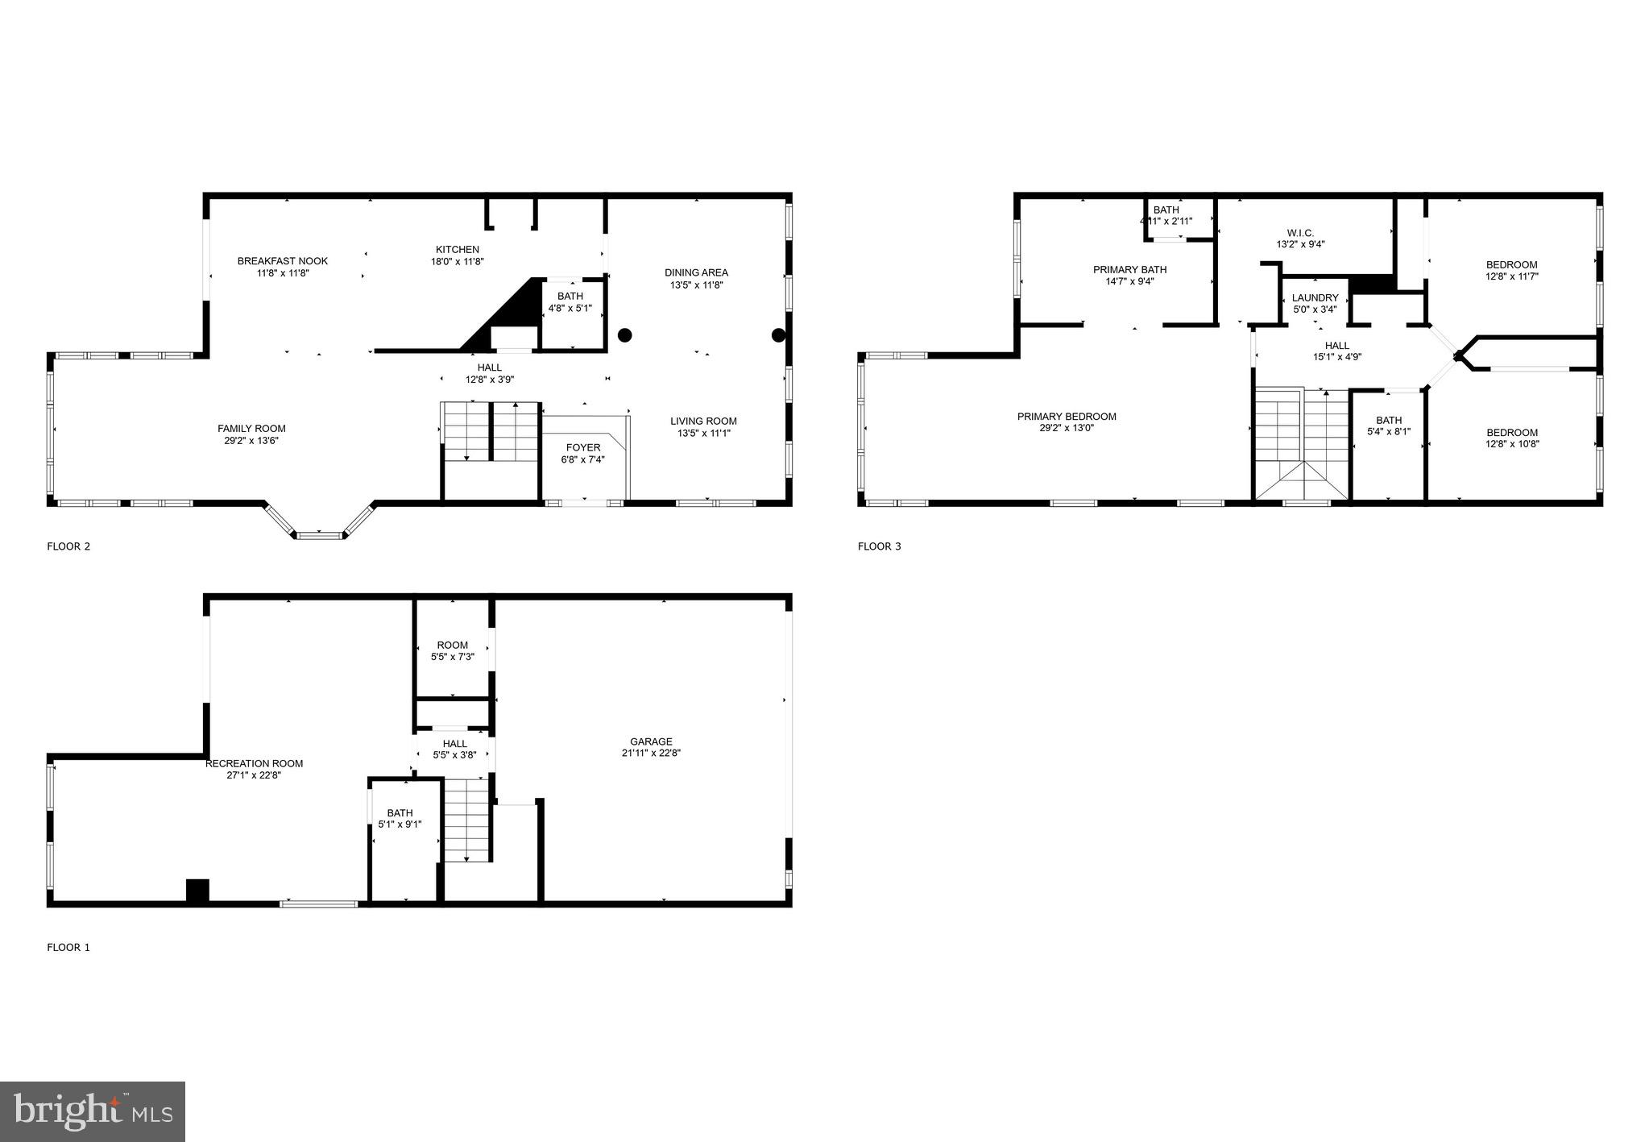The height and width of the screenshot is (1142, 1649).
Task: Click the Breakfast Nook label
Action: point(283,261)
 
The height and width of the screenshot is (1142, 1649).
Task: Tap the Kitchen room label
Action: point(458,250)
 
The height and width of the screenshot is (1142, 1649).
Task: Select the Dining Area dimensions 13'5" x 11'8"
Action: point(697,285)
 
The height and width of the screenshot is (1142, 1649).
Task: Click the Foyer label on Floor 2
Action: point(583,448)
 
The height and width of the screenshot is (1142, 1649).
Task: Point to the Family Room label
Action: point(251,429)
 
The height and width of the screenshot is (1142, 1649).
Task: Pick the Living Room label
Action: point(703,422)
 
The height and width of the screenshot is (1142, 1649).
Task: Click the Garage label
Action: point(651,742)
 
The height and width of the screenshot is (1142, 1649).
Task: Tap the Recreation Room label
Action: point(254,764)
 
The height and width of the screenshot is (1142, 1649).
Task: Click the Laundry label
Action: point(1315,298)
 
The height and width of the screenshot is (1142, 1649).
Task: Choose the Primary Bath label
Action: point(1129,270)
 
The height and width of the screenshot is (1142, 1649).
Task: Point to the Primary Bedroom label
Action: point(1067,417)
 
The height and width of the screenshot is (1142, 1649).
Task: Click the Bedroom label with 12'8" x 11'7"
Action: point(1511,265)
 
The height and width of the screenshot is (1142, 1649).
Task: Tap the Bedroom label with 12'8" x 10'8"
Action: point(1512,433)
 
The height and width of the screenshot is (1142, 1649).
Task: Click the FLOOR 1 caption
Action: point(68,948)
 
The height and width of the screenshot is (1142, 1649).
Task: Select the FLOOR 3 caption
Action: point(879,546)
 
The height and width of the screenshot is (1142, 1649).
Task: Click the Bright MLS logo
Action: point(93,1111)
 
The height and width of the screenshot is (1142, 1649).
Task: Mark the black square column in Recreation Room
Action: point(197,890)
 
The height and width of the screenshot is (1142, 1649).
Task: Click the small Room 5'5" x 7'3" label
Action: point(453,646)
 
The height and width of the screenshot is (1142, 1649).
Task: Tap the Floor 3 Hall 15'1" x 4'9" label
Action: point(1337,347)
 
